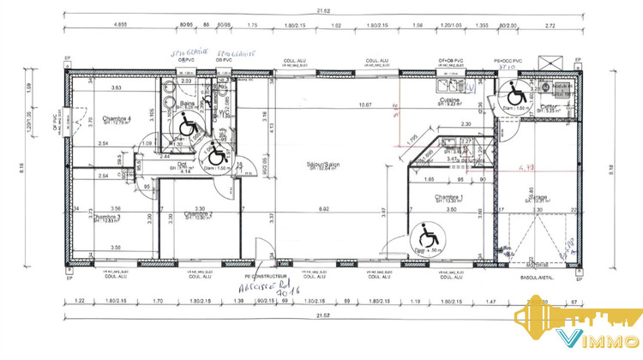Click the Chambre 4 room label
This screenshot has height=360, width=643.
tap(117, 118)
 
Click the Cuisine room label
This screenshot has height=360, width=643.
tap(449, 100)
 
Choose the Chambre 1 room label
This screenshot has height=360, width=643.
tap(449, 197)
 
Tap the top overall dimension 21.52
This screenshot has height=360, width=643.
tap(321, 10)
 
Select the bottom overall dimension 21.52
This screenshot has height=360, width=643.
tap(321, 316)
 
